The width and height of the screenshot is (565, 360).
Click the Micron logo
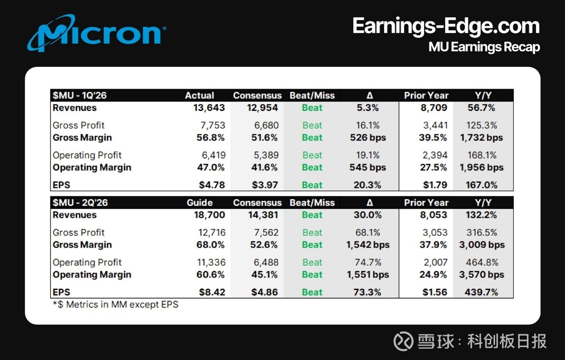pyautogui.click(x=96, y=33)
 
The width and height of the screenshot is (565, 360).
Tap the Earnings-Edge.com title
pyautogui.click(x=446, y=26)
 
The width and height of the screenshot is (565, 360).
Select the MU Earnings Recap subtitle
pyautogui.click(x=484, y=47)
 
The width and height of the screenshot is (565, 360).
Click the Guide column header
pyautogui.click(x=199, y=202)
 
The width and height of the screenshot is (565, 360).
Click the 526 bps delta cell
pyautogui.click(x=368, y=138)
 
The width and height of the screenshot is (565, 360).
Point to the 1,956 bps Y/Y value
pyautogui.click(x=482, y=167)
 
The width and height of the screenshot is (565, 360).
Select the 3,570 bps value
pyautogui.click(x=482, y=275)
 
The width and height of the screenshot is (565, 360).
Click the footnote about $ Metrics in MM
pyautogui.click(x=115, y=305)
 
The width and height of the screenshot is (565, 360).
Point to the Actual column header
pyautogui.click(x=199, y=95)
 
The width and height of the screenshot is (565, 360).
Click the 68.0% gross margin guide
pyautogui.click(x=211, y=245)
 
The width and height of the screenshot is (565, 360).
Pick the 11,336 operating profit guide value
pyautogui.click(x=211, y=262)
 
